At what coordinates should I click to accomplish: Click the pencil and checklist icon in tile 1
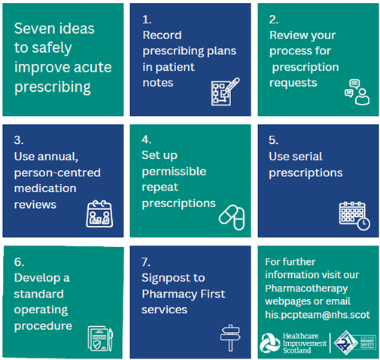pyautogui.click(x=225, y=92)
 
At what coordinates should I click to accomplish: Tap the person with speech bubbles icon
pyautogui.click(x=357, y=92)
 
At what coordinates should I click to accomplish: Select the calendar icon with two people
pyautogui.click(x=99, y=214)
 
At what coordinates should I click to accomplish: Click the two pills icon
pyautogui.click(x=232, y=218)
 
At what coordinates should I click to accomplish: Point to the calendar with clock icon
pyautogui.click(x=354, y=215)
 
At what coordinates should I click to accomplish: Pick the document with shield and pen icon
pyautogui.click(x=100, y=339)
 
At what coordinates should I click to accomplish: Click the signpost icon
pyautogui.click(x=230, y=338)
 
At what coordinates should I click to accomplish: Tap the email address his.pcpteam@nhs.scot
pyautogui.click(x=318, y=315)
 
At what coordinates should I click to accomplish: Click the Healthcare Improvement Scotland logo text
pyautogui.click(x=305, y=343)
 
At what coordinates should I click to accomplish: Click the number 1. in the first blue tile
pyautogui.click(x=147, y=20)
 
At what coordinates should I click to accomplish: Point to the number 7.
pyautogui.click(x=146, y=262)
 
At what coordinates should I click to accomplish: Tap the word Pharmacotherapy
pyautogui.click(x=306, y=288)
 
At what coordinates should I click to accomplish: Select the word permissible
pyautogui.click(x=174, y=172)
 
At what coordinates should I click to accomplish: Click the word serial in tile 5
pyautogui.click(x=307, y=157)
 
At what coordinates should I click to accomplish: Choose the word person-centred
pyautogui.click(x=57, y=173)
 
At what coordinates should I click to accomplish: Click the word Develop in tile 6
pyautogui.click(x=37, y=278)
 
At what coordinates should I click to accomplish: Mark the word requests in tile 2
pyautogui.click(x=293, y=83)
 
